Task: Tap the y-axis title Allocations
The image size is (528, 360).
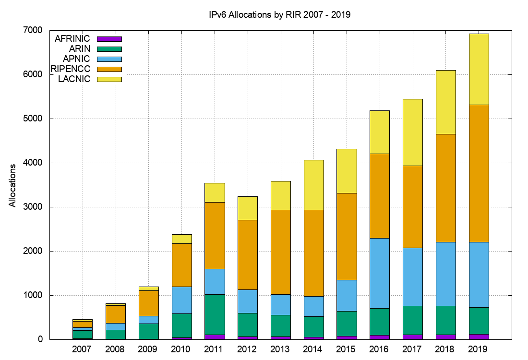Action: click(x=12, y=185)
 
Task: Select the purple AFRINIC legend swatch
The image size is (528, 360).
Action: click(x=109, y=38)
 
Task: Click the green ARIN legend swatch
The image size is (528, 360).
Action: click(x=109, y=48)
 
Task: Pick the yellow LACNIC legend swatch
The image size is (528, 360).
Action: click(x=109, y=79)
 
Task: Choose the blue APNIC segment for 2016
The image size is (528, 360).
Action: click(x=380, y=273)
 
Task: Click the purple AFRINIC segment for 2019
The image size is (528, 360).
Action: click(x=479, y=336)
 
